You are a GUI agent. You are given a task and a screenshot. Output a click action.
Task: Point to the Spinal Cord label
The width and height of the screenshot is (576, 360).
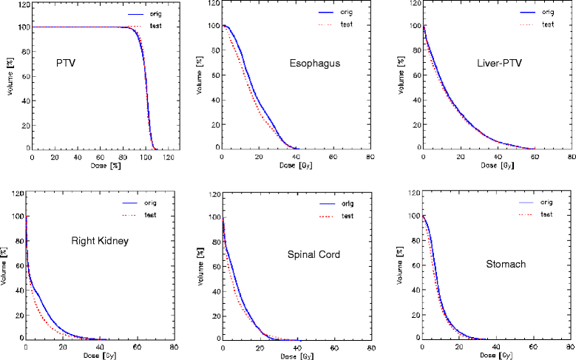[x=310, y=255]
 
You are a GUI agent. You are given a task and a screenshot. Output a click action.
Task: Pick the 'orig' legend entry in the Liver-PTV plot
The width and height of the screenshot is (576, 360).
[x=548, y=13]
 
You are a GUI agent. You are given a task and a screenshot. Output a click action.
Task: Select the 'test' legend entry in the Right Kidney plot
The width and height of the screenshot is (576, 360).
[x=155, y=217]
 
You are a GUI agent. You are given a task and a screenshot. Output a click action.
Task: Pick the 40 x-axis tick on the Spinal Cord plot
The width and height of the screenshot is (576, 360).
[x=298, y=347]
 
